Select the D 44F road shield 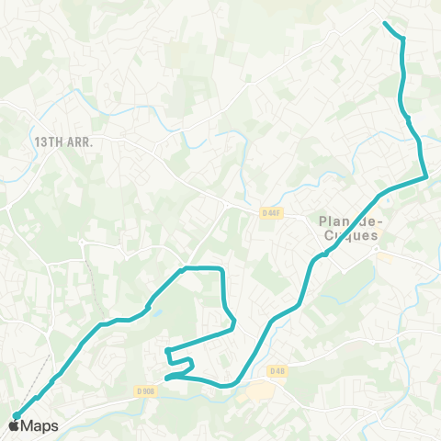270,213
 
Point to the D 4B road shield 278,370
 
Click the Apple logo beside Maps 15,425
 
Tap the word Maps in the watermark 40,425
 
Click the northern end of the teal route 384,22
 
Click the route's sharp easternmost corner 425,175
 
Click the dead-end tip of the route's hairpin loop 166,351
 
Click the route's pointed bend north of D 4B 235,323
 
